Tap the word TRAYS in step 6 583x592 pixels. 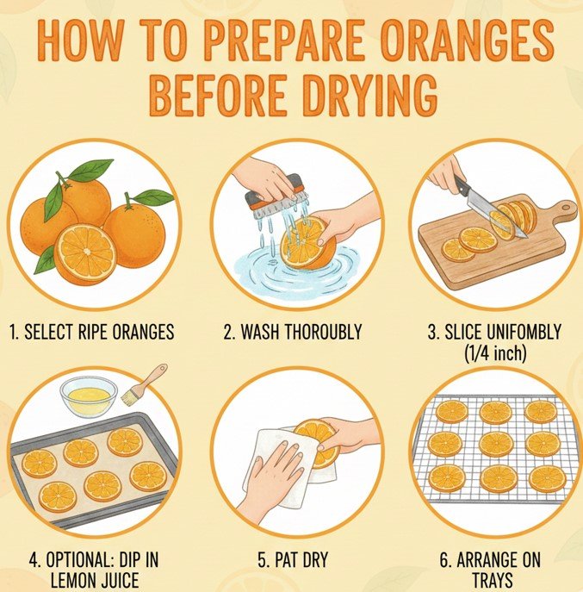[x=491, y=580]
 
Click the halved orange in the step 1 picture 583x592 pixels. [x=86, y=252]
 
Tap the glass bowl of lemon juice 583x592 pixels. [x=88, y=396]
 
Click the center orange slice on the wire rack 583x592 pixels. [x=495, y=444]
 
